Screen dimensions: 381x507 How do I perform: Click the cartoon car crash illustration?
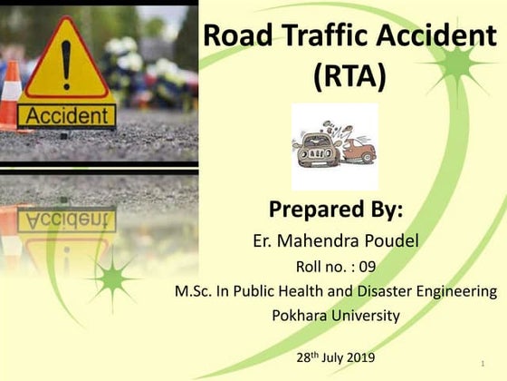click(x=335, y=147)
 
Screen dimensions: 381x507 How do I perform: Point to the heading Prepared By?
click(x=334, y=210)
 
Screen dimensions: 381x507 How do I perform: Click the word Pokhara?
click(x=300, y=316)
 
